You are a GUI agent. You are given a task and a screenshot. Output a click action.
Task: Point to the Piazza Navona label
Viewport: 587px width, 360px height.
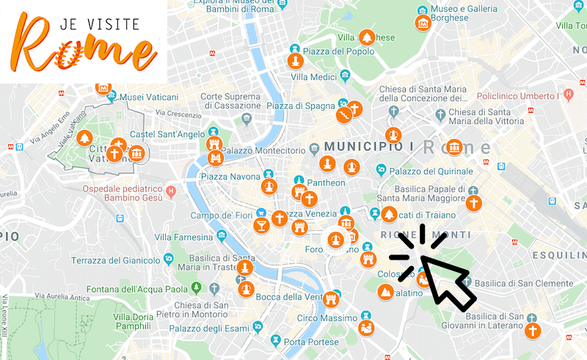click(x=230, y=177)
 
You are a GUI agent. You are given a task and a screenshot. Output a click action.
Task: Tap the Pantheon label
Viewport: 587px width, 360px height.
click(x=326, y=183)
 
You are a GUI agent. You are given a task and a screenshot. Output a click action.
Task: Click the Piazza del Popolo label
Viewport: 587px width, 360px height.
click(x=338, y=51)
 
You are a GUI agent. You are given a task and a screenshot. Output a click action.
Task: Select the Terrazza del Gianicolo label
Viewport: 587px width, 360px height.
click(x=121, y=260)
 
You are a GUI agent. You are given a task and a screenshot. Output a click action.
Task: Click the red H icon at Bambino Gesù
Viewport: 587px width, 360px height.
click(x=171, y=193)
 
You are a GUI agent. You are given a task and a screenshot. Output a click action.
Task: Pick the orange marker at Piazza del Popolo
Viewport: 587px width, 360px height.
click(x=295, y=60)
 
